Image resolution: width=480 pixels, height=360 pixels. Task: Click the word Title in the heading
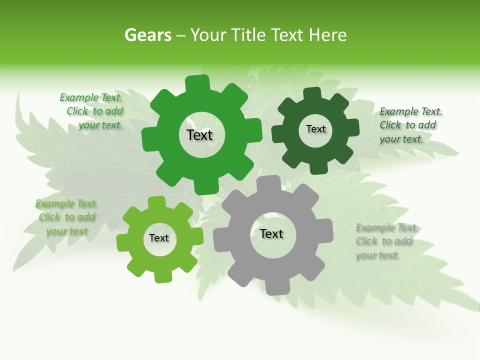pyautogui.click(x=248, y=35)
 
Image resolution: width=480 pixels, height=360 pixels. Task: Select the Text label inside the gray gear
pyautogui.click(x=271, y=233)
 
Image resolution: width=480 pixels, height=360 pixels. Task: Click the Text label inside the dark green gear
pyautogui.click(x=315, y=129)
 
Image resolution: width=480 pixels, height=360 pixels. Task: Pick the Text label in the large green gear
pyautogui.click(x=199, y=135)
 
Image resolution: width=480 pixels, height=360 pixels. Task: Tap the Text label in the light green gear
pyautogui.click(x=159, y=238)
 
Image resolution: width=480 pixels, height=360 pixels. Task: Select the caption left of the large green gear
pyautogui.click(x=92, y=111)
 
